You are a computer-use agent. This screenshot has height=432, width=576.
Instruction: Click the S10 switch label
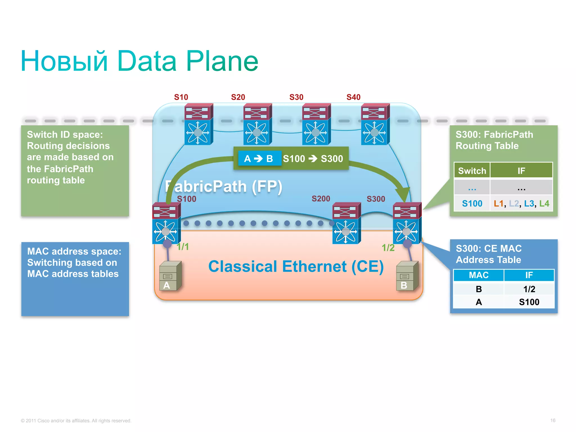pyautogui.click(x=181, y=97)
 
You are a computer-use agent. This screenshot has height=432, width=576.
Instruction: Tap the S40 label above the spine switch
pyautogui.click(x=353, y=97)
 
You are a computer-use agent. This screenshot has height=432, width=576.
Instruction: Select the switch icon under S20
pyautogui.click(x=257, y=124)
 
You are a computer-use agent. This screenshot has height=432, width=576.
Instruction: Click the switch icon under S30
pyautogui.click(x=316, y=124)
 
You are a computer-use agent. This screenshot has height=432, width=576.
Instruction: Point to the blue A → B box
pyautogui.click(x=258, y=159)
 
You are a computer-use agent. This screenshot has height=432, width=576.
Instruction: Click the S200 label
pyautogui.click(x=321, y=199)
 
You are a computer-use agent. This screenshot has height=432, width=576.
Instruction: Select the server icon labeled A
pyautogui.click(x=170, y=276)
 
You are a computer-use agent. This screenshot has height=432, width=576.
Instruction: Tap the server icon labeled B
pyautogui.click(x=407, y=276)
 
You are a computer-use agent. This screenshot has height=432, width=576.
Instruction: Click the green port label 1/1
pyautogui.click(x=183, y=247)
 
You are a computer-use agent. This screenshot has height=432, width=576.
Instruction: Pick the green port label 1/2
pyautogui.click(x=388, y=248)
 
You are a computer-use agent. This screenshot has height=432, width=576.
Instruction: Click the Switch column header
pyautogui.click(x=472, y=171)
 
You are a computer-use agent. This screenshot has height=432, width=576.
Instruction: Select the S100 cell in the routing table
pyautogui.click(x=472, y=203)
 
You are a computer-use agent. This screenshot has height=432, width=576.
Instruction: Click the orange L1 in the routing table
pyautogui.click(x=498, y=203)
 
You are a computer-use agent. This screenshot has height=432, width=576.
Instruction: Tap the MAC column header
pyautogui.click(x=478, y=275)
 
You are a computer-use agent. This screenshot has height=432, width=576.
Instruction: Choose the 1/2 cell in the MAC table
pyautogui.click(x=529, y=289)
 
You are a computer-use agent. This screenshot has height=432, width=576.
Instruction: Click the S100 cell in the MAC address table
pyautogui.click(x=529, y=302)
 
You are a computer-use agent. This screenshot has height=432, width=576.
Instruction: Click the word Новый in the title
pyautogui.click(x=64, y=61)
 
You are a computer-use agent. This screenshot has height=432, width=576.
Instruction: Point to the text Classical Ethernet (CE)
pyautogui.click(x=296, y=267)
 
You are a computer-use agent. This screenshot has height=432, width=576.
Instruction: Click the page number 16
pyautogui.click(x=553, y=420)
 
